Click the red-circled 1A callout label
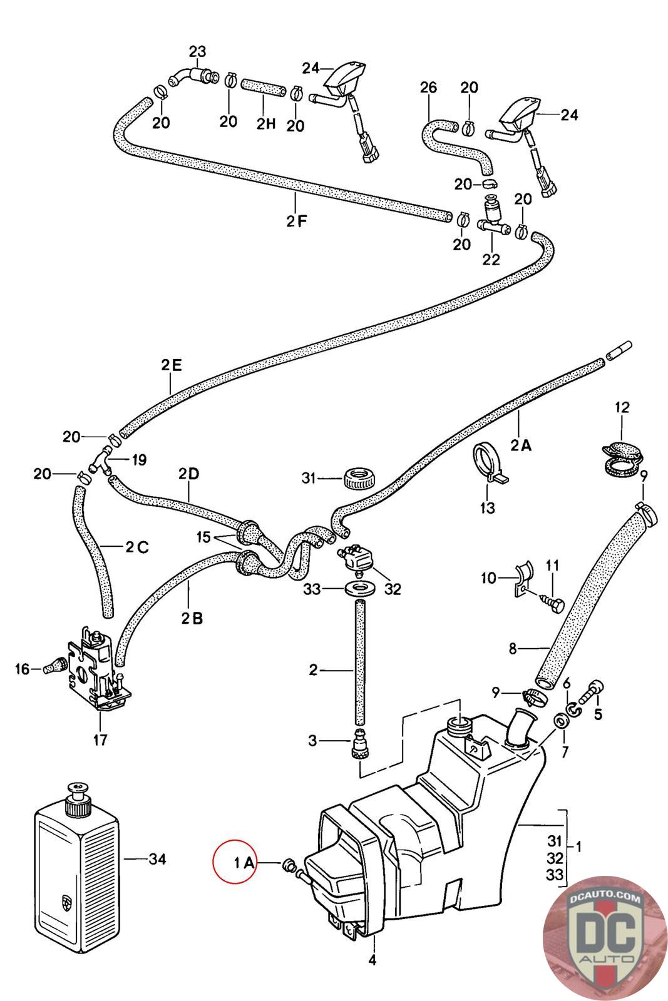click(x=244, y=863)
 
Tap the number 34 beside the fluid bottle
click(x=157, y=859)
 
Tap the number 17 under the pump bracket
click(x=100, y=740)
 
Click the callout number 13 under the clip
click(x=487, y=507)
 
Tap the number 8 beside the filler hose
click(x=513, y=649)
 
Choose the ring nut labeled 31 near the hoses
click(x=359, y=479)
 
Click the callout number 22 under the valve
click(x=491, y=258)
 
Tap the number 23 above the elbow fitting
click(x=198, y=51)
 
